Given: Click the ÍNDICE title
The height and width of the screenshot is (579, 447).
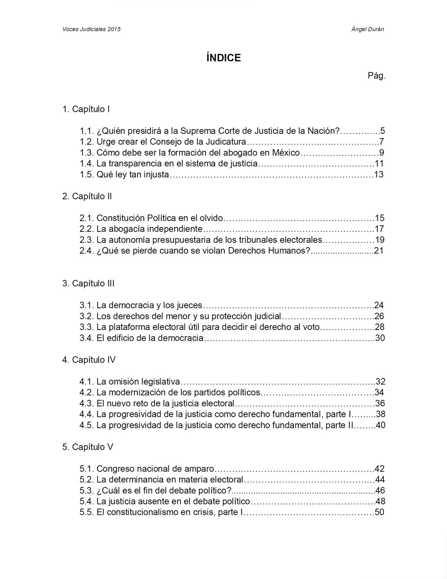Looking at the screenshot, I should click(223, 58).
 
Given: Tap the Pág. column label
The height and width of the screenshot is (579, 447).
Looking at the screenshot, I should click(376, 76).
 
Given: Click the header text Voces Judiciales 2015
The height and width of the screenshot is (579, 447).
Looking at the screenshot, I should click(92, 29).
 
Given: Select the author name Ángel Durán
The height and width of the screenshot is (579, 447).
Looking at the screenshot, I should click(367, 29).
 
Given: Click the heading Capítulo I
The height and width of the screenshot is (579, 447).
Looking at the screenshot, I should click(86, 109).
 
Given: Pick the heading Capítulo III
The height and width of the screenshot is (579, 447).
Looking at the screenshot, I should click(89, 284).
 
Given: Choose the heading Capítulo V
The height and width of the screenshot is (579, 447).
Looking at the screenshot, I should click(88, 447).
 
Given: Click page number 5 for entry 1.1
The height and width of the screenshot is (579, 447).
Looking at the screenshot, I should click(382, 131).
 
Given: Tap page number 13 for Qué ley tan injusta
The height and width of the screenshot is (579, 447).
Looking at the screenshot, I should click(378, 174).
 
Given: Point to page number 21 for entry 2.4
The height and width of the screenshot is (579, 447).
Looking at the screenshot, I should click(379, 251).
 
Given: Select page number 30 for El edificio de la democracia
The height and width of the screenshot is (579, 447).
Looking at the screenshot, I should click(380, 338).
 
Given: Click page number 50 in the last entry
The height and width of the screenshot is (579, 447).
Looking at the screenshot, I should click(379, 512).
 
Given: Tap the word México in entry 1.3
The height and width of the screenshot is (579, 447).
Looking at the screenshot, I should click(286, 153).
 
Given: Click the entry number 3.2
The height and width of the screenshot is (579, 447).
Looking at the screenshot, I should click(86, 317).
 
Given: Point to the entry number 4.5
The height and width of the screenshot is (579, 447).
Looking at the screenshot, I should click(86, 425).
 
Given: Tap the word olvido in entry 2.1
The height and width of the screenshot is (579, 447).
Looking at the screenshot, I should click(211, 218).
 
